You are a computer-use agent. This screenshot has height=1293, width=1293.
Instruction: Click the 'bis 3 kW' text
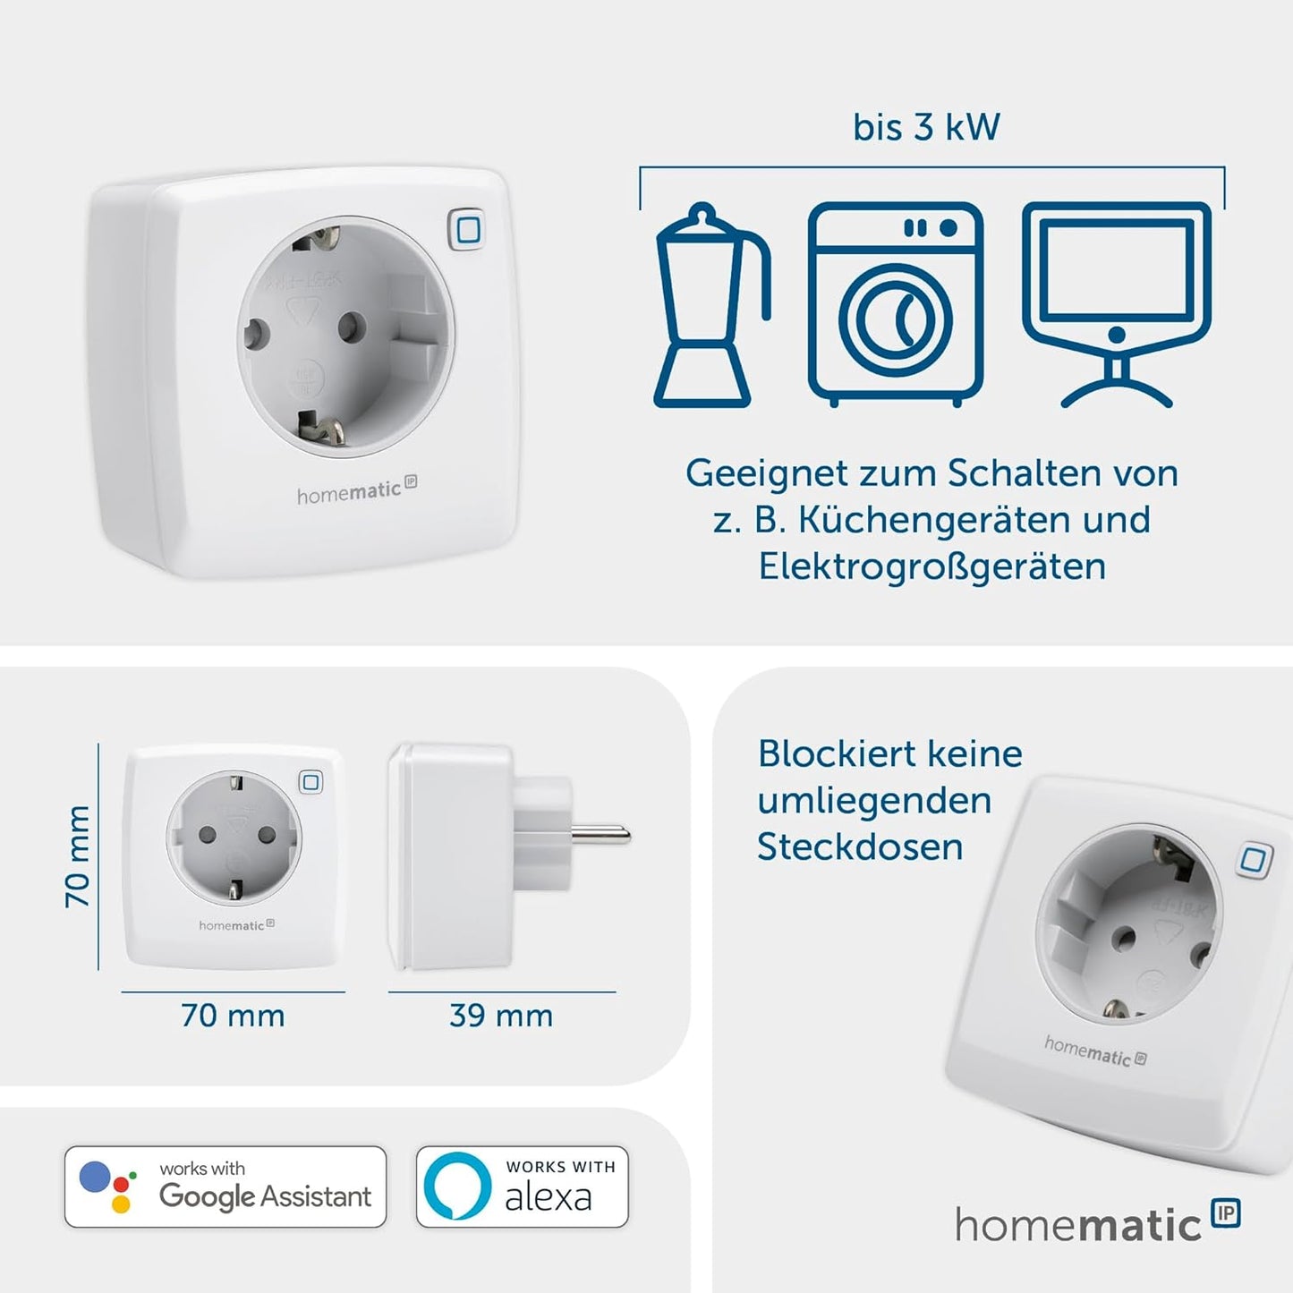[926, 127]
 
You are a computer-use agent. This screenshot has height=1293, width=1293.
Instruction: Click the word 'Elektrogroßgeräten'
[931, 566]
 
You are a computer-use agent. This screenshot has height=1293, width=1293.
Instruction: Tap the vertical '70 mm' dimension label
[78, 856]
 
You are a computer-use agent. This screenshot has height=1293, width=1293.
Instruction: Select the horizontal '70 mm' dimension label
[233, 1016]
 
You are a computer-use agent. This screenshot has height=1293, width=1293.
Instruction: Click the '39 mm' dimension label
[501, 1016]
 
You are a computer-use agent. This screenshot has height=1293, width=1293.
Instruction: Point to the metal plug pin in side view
[600, 836]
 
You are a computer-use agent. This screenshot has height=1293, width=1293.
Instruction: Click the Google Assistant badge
[225, 1187]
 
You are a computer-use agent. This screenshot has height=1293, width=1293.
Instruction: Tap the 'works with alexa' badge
[523, 1187]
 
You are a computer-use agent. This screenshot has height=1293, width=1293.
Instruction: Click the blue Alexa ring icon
[457, 1187]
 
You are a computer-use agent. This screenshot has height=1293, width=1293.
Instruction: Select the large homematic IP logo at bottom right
[1096, 1223]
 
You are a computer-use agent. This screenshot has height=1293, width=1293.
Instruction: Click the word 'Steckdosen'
[860, 846]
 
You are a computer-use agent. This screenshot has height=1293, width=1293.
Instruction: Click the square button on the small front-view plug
[310, 782]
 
